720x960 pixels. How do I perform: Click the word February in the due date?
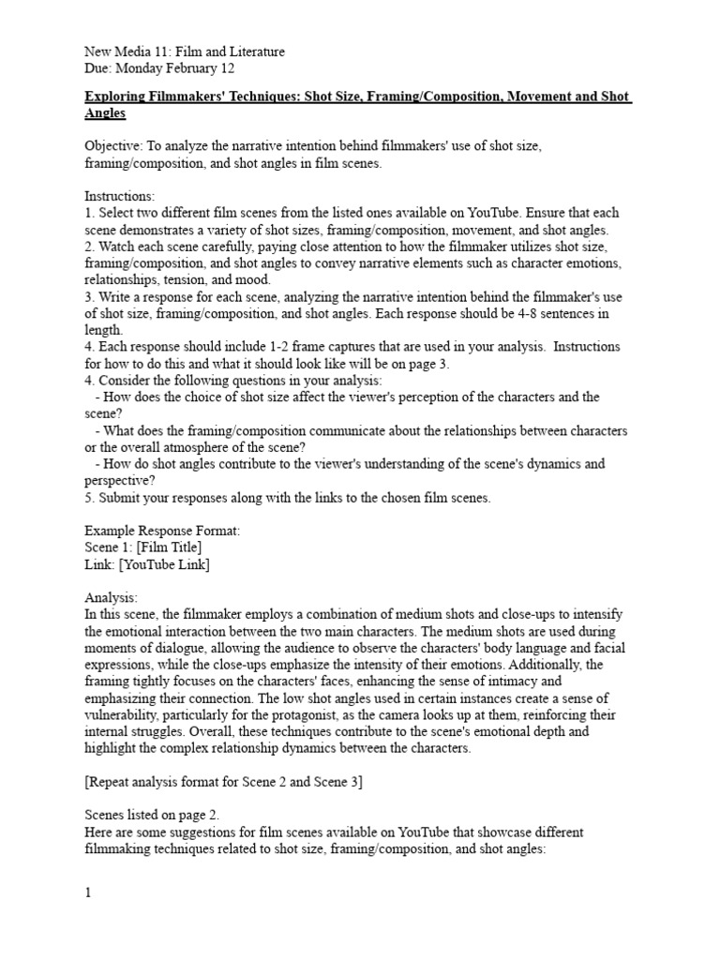193,68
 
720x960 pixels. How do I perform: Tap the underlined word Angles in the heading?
105,113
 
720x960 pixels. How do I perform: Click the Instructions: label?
120,197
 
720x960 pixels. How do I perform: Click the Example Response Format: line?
162,531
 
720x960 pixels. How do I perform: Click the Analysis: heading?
111,597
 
